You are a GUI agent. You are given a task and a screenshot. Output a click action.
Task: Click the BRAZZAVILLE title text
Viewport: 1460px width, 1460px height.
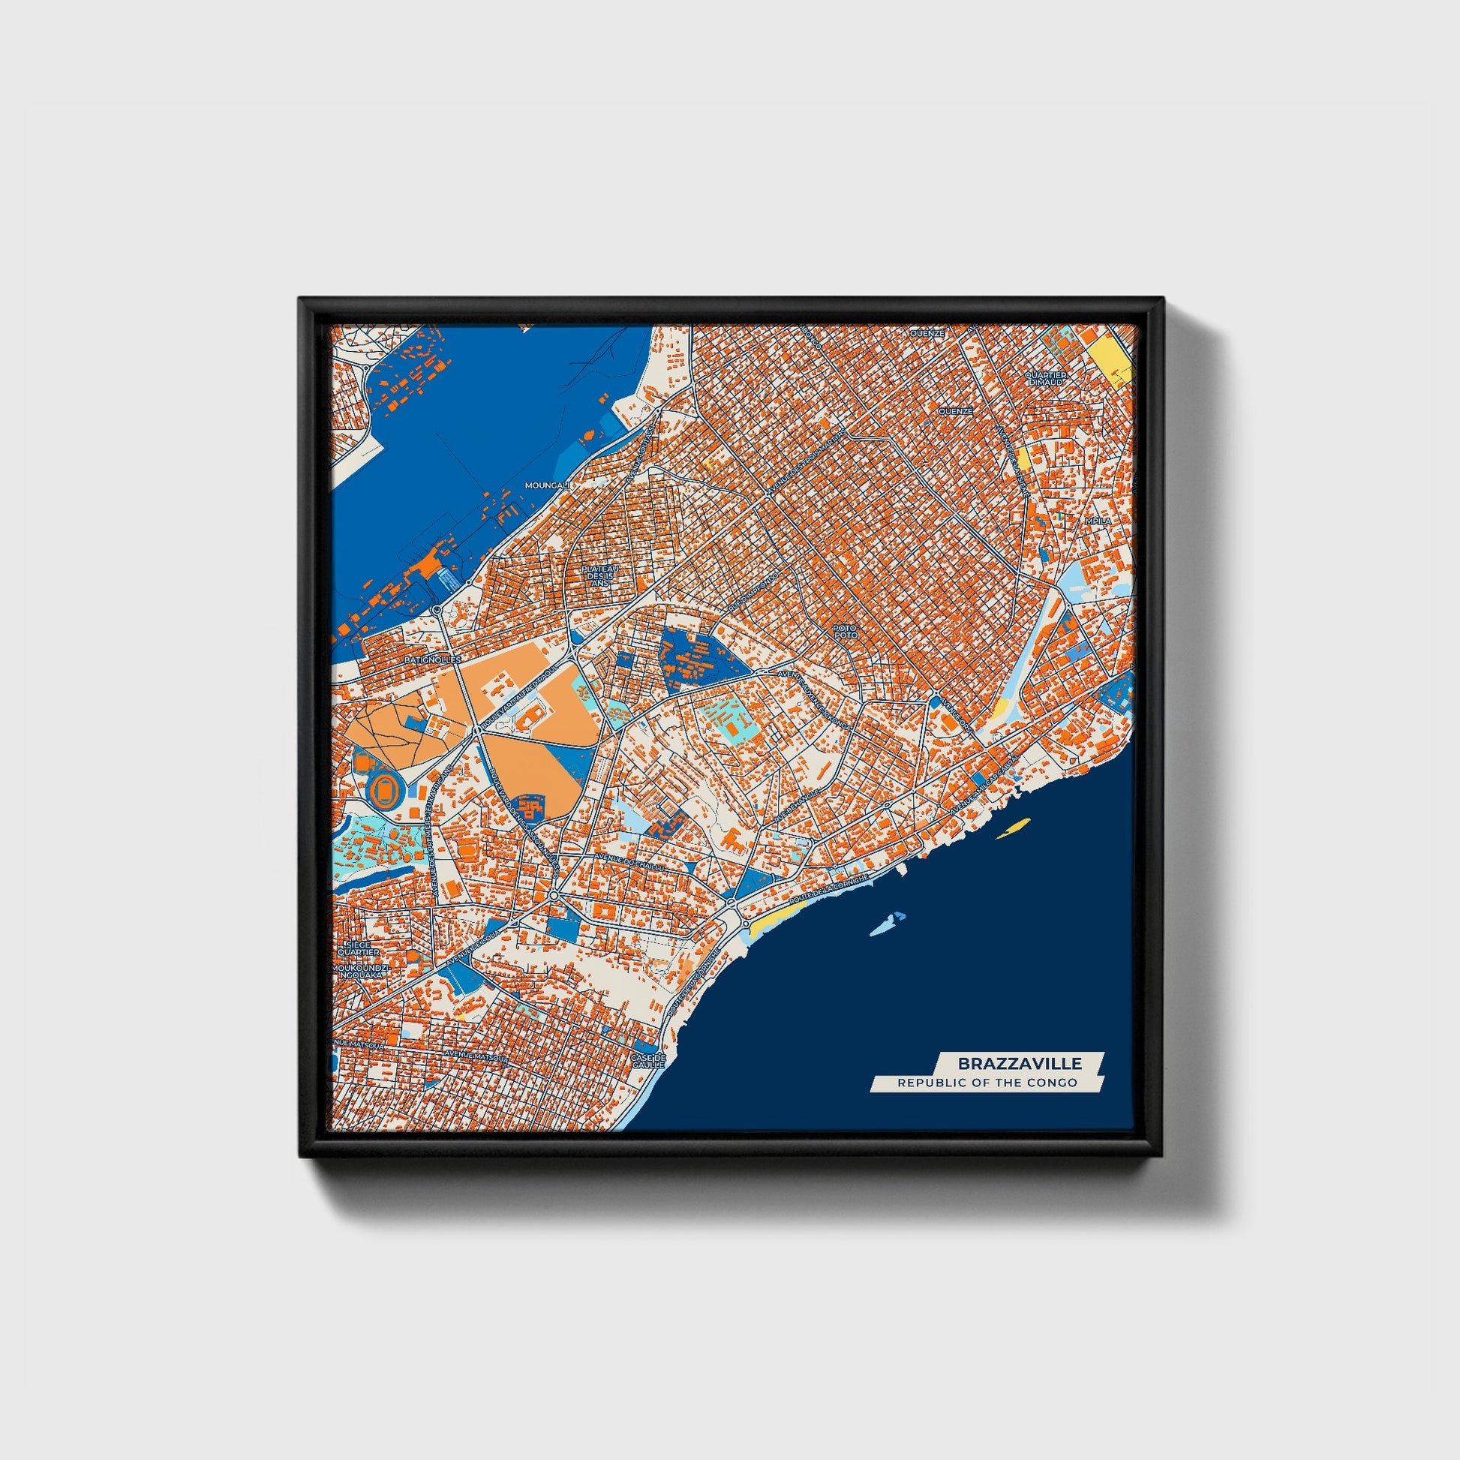point(1020,1064)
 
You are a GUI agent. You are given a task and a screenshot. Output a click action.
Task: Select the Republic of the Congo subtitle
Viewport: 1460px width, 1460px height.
point(987,1083)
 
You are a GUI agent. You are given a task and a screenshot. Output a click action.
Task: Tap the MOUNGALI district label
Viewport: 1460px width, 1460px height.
point(545,485)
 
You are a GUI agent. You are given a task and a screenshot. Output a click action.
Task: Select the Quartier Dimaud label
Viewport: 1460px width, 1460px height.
point(1047,379)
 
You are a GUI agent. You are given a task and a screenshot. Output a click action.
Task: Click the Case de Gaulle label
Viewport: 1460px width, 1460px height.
point(648,1060)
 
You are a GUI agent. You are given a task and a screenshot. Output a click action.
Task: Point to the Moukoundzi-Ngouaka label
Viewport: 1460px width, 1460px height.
point(359,971)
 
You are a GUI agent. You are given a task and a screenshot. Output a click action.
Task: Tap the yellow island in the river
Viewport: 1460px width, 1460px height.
point(1014,828)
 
